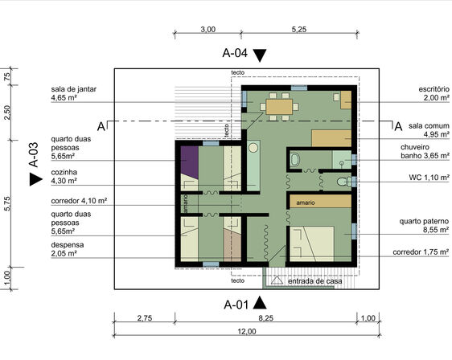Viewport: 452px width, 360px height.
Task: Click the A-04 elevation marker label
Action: coord(235,53)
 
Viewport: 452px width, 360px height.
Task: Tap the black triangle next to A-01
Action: coord(260,303)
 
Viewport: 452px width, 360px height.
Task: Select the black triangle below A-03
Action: coord(36,179)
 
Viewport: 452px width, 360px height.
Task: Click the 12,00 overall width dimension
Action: coord(247,332)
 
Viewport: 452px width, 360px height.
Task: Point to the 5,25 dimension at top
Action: coord(299,30)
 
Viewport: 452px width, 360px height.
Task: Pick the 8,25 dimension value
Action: coord(265,318)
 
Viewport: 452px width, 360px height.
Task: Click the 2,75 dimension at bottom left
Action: coord(145,318)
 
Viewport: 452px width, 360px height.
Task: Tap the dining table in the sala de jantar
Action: coord(279,107)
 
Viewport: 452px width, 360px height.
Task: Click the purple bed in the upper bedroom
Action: coord(189,162)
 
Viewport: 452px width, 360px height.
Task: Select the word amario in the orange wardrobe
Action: coord(306,202)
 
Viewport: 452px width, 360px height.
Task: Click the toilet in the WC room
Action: coord(344,182)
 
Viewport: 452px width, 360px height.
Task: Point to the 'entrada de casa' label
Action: coord(315,281)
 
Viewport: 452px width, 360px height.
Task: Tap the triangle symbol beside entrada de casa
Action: coord(277,280)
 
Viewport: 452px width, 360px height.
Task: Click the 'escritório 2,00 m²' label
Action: coord(434,93)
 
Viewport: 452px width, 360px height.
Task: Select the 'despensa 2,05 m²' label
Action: coord(68,249)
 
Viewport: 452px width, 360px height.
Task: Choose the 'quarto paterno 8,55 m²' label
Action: coord(424,226)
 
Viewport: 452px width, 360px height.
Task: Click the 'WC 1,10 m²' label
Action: coord(429,178)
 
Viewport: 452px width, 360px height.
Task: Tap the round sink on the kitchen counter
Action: coord(253,148)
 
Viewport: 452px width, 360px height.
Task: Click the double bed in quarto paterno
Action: coord(312,244)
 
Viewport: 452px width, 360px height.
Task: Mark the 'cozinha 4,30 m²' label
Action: coord(64,176)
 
